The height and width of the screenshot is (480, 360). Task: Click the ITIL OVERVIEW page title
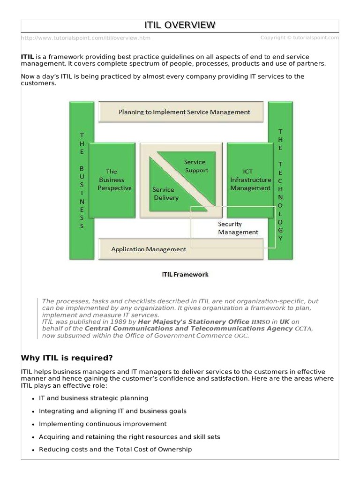pyautogui.click(x=180, y=25)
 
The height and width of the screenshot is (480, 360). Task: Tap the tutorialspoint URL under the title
pyautogui.click(x=86, y=38)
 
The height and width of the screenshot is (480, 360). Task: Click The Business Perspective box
pyautogui.click(x=113, y=180)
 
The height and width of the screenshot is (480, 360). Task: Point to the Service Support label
pyautogui.click(x=196, y=166)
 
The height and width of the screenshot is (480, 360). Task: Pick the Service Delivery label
pyautogui.click(x=164, y=194)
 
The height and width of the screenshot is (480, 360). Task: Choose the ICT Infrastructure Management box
pyautogui.click(x=250, y=180)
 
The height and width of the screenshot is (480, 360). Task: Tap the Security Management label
pyautogui.click(x=238, y=228)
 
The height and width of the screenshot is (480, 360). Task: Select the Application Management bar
pyautogui.click(x=149, y=249)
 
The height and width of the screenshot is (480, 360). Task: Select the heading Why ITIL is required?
pyautogui.click(x=67, y=358)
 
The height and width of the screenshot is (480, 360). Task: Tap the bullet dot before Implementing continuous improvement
pyautogui.click(x=33, y=424)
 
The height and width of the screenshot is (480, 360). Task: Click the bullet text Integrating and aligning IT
pyautogui.click(x=112, y=411)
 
